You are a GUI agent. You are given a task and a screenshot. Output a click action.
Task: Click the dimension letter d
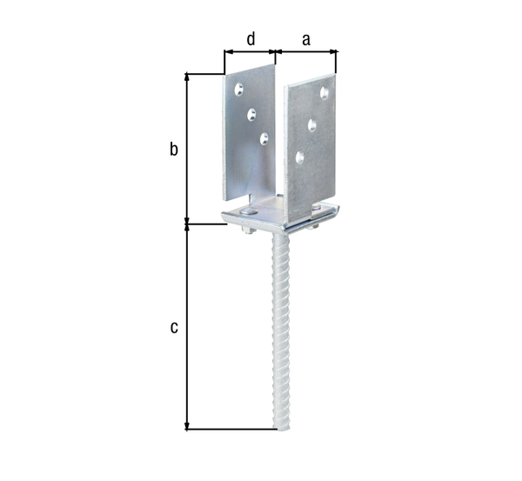coord(251,38)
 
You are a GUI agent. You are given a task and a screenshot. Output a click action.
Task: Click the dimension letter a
coord(305,38)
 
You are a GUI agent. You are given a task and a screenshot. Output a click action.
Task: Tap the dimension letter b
coord(174,150)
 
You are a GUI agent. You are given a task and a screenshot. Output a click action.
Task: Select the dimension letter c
coord(174,327)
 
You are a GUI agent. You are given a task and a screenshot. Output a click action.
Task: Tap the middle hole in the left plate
coord(251,112)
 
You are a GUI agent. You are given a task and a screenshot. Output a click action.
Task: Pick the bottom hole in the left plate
coord(264,137)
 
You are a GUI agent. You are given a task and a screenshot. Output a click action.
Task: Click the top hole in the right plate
coord(325,92)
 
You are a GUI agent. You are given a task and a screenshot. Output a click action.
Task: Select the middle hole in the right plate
coord(311,125)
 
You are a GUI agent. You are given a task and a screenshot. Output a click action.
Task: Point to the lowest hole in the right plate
coord(299,157)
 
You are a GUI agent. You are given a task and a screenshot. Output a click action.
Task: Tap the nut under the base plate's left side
coord(245,230)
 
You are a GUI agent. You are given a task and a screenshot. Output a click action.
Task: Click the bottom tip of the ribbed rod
coord(284,428)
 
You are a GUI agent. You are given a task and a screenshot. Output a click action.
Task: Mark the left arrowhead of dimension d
coord(228,52)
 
